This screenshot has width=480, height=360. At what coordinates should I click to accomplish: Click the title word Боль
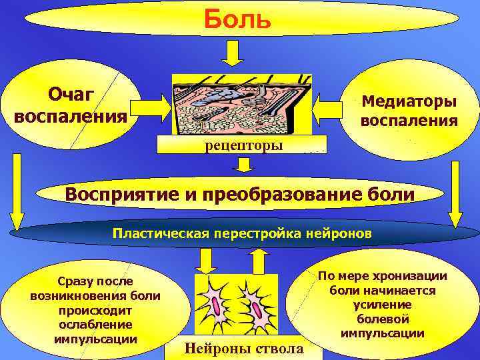click(x=237, y=18)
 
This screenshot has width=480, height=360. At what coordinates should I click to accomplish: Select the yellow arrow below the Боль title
click(x=233, y=52)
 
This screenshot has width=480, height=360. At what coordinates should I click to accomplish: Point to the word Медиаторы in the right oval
click(x=409, y=102)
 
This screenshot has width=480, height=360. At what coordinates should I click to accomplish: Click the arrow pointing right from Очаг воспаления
click(x=149, y=105)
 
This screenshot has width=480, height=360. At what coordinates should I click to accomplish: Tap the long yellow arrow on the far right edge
click(x=457, y=193)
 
